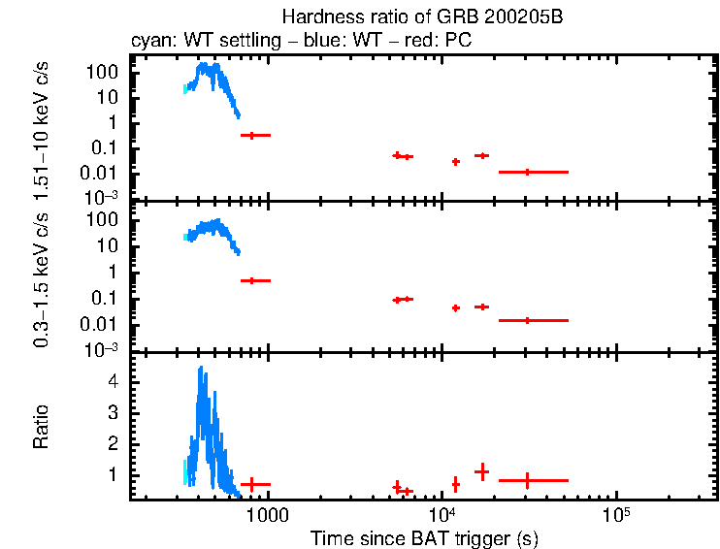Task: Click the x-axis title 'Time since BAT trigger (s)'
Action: [423, 537]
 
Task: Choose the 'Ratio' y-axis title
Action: [42, 427]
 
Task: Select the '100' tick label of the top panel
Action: [105, 72]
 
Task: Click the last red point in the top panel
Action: [527, 172]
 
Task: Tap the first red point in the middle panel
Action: [253, 280]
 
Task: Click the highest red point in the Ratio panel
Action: [480, 471]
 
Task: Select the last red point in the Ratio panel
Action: [527, 480]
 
